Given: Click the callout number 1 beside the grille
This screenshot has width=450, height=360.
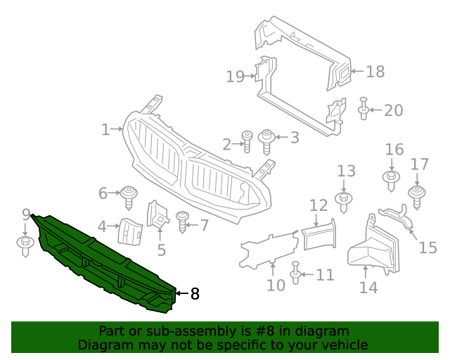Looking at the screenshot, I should pyautogui.click(x=105, y=129).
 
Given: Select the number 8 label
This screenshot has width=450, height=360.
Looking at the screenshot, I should pyautogui.click(x=195, y=294).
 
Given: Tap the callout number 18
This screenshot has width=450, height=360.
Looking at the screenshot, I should pyautogui.click(x=375, y=71).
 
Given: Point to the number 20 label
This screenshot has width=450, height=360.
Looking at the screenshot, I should pyautogui.click(x=393, y=110).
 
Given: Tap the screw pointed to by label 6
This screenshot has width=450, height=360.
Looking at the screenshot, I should pyautogui.click(x=129, y=196).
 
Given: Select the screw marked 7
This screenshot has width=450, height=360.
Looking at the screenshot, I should pyautogui.click(x=182, y=222).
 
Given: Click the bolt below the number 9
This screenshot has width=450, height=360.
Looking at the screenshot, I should pyautogui.click(x=26, y=246).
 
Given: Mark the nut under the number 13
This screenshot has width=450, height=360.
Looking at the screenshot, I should pyautogui.click(x=344, y=201).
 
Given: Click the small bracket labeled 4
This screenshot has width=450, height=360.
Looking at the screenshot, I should pyautogui.click(x=130, y=231).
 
